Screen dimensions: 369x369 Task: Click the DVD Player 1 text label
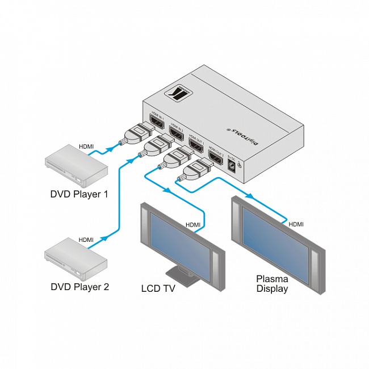click(x=79, y=195)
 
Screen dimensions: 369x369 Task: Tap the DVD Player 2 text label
click(x=79, y=287)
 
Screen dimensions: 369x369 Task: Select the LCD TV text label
click(x=158, y=288)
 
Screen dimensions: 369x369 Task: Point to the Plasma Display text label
click(x=272, y=283)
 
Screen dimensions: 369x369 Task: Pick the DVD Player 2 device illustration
click(x=76, y=259)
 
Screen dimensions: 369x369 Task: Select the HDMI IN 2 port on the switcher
click(x=175, y=133)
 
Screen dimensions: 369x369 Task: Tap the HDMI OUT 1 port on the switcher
click(x=196, y=146)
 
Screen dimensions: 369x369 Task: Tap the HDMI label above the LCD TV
click(x=193, y=225)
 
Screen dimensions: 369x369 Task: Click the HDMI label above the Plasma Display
click(x=296, y=224)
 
